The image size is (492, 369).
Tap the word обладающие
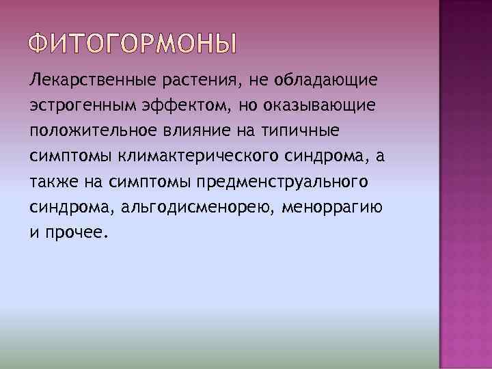coord(325,82)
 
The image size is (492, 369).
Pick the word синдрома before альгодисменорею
coord(61,208)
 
